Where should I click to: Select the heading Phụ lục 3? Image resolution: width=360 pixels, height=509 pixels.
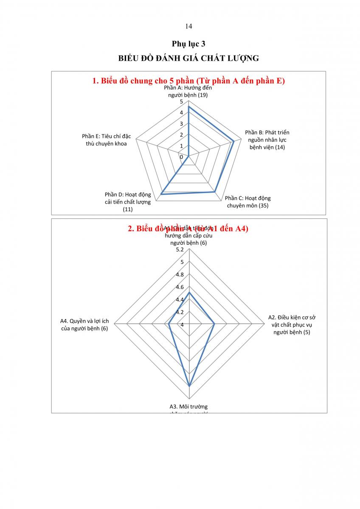(x=188, y=44)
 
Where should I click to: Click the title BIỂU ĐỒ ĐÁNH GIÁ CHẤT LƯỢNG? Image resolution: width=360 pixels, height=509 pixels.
(x=188, y=59)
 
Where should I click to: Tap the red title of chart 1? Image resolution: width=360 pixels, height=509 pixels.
(x=188, y=81)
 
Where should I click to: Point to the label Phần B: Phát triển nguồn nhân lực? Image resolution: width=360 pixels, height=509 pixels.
(x=267, y=140)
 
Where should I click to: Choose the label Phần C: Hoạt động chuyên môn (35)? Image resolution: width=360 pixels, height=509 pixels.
(x=247, y=202)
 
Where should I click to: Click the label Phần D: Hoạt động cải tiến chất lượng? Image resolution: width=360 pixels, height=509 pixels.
(x=128, y=202)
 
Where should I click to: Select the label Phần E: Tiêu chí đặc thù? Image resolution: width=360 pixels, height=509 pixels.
(x=107, y=140)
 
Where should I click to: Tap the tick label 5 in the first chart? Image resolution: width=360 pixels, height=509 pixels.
(x=181, y=102)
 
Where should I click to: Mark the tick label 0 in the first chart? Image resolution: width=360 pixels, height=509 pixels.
(x=181, y=157)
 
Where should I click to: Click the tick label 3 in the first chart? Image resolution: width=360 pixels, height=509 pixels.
(x=181, y=124)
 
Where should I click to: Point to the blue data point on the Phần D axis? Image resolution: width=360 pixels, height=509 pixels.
(x=161, y=194)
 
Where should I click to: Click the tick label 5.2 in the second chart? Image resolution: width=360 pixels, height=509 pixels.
(x=180, y=249)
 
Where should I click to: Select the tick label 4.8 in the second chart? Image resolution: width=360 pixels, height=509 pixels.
(x=180, y=274)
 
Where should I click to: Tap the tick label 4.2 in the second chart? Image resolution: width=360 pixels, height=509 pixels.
(x=180, y=312)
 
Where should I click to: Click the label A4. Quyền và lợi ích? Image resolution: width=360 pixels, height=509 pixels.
(x=84, y=324)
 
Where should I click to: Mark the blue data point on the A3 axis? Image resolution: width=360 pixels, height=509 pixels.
(x=189, y=386)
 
